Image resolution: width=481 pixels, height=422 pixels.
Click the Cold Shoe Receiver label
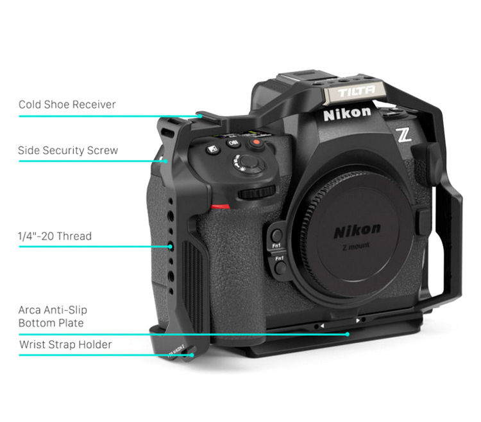pyautogui.click(x=67, y=104)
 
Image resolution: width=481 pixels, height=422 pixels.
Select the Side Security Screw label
pyautogui.click(x=68, y=150)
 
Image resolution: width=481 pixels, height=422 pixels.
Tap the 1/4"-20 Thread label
pyautogui.click(x=55, y=236)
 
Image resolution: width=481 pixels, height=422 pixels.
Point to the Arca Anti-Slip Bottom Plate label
pyautogui.click(x=51, y=317)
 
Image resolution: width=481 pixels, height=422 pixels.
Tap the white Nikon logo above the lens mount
pyautogui.click(x=346, y=114)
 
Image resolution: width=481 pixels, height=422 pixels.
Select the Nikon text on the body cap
pyautogui.click(x=357, y=230)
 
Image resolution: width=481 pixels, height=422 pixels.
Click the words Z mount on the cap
pyautogui.click(x=357, y=245)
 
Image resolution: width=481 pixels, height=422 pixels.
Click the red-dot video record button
pyautogui.click(x=256, y=143)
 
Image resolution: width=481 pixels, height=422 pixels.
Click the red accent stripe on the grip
pyautogui.click(x=220, y=207)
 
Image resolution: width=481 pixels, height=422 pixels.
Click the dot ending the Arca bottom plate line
pyautogui.click(x=347, y=333)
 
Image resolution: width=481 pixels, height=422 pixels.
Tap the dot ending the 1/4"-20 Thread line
pyautogui.click(x=171, y=246)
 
